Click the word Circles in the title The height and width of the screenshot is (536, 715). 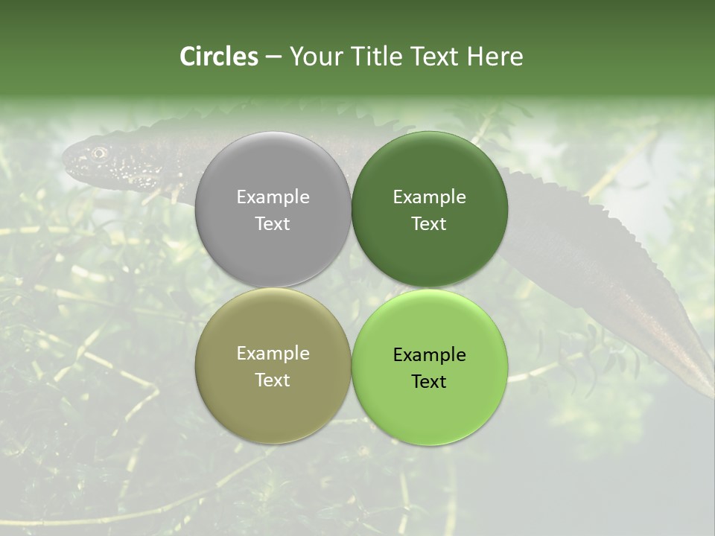(218, 57)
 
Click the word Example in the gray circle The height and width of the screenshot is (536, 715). (273, 197)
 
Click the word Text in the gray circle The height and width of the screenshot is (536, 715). (273, 224)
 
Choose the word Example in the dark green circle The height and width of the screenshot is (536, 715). (429, 197)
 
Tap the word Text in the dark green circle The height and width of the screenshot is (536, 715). (429, 224)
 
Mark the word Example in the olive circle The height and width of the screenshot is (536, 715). (273, 354)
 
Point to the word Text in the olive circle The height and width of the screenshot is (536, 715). (273, 380)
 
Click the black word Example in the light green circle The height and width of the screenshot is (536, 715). (429, 355)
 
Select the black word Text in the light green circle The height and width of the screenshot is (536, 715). (429, 382)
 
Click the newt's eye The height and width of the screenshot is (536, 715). (98, 153)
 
